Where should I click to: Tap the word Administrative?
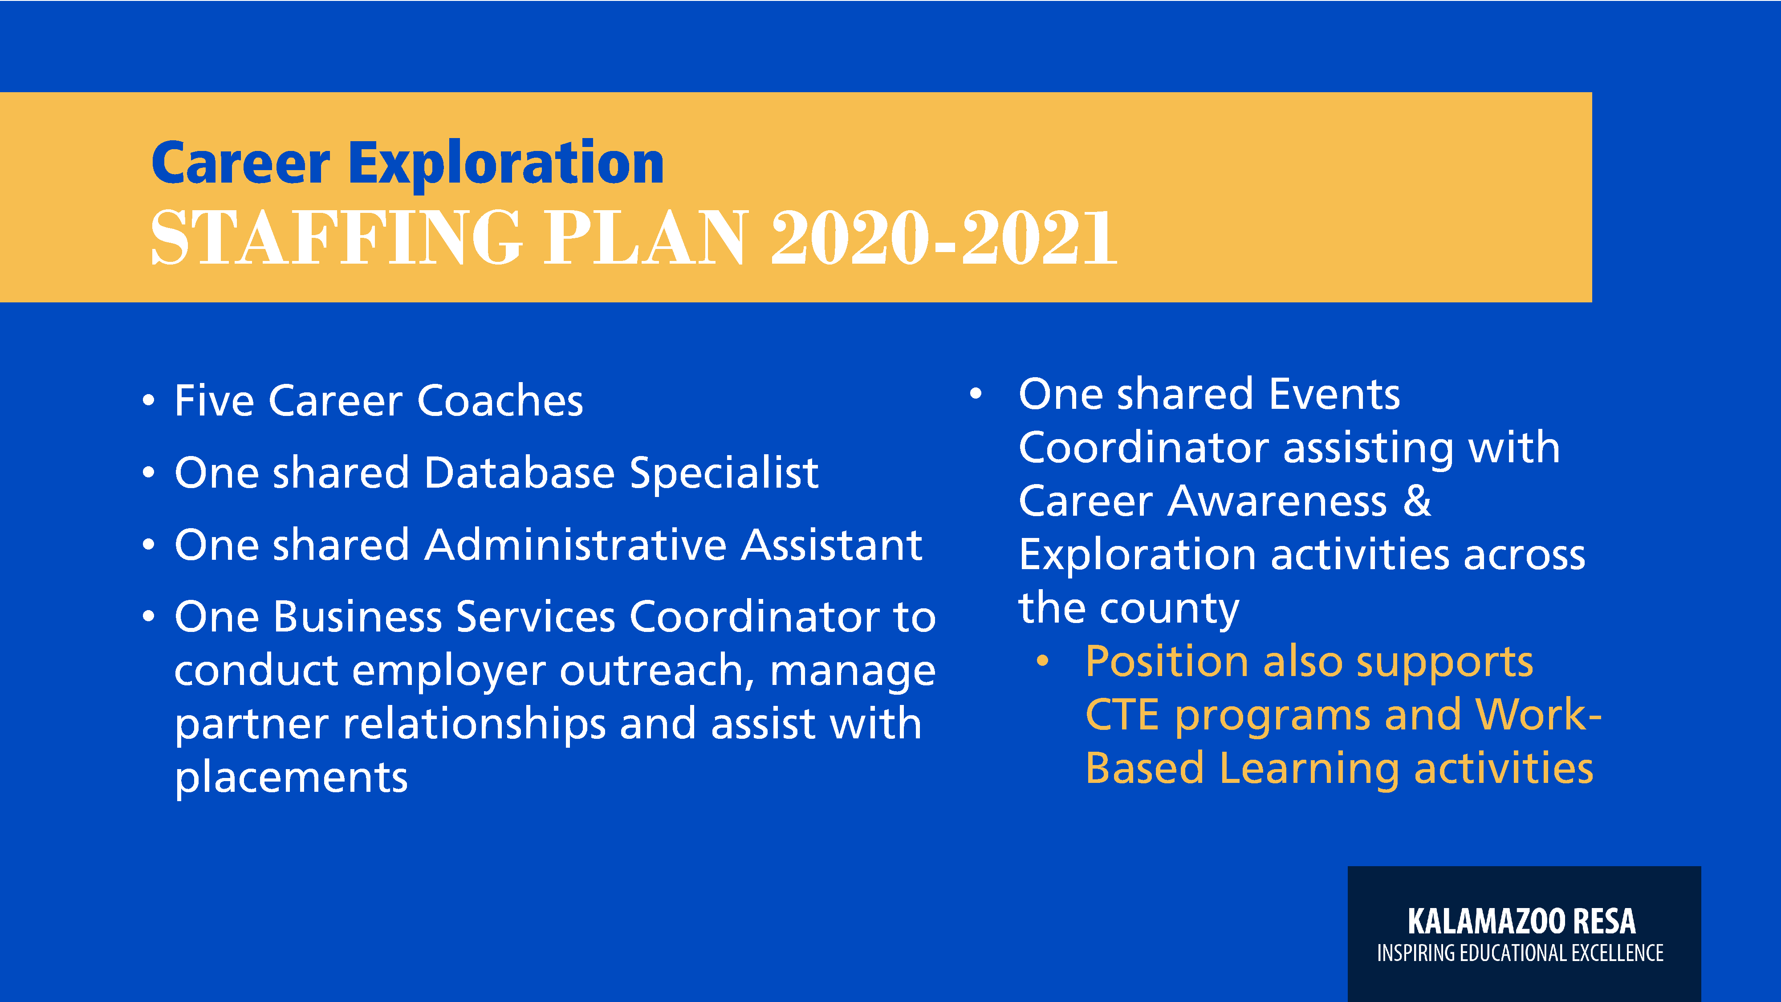(x=575, y=545)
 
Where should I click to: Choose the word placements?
(x=291, y=778)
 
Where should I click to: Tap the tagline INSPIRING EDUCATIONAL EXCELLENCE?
(x=1521, y=953)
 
